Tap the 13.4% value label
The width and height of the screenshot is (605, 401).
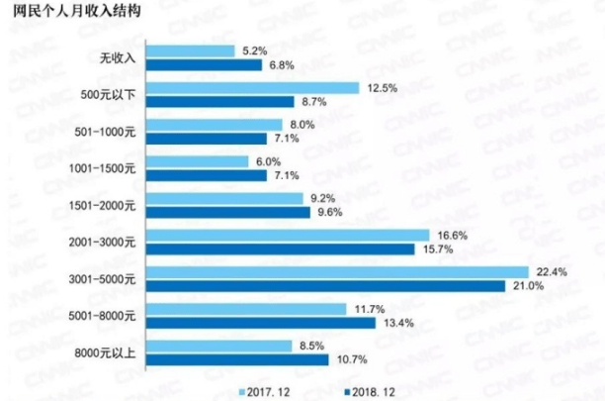pyautogui.click(x=394, y=323)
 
